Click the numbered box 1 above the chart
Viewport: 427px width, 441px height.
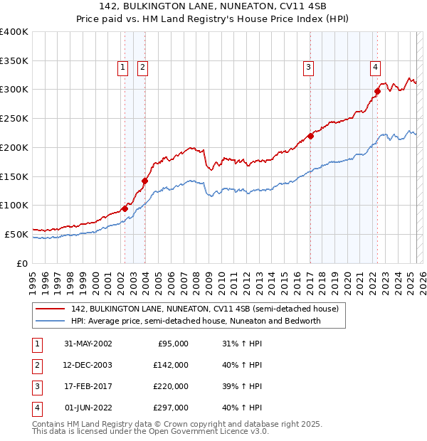tap(122, 68)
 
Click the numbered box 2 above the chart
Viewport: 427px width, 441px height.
tap(142, 68)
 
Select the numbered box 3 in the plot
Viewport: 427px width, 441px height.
tap(309, 68)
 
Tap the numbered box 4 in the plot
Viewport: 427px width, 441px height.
tap(375, 68)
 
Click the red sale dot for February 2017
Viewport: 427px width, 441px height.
tap(310, 135)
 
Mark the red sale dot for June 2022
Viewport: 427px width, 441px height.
tap(378, 90)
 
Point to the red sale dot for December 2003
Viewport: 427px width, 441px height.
tap(144, 181)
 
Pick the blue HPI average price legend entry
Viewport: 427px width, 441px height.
tap(196, 321)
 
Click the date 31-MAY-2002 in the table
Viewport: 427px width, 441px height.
tap(88, 344)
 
